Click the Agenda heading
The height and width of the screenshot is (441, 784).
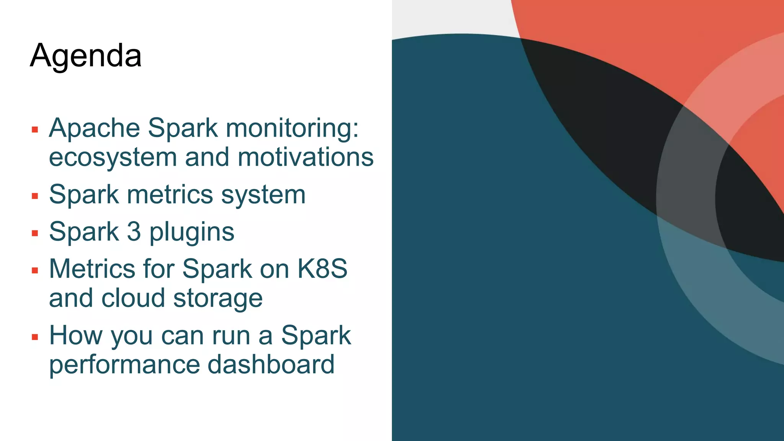tap(86, 56)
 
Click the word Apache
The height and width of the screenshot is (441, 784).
tap(94, 128)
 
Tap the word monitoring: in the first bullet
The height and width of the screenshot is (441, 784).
tap(292, 129)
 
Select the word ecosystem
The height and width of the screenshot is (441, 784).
tap(113, 158)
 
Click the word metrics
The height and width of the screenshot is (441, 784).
tap(170, 194)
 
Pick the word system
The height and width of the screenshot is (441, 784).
tap(263, 195)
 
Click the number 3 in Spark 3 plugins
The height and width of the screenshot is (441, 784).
tap(134, 232)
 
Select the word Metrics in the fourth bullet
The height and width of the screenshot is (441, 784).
tap(92, 268)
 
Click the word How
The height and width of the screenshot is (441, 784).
tap(76, 335)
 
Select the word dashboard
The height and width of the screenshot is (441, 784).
tap(271, 364)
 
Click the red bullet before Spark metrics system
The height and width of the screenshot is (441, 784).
tap(35, 196)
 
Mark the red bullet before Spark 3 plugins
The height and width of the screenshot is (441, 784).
tap(35, 233)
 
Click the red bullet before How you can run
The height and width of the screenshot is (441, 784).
tap(35, 337)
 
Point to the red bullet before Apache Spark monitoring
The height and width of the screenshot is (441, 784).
tap(35, 130)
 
